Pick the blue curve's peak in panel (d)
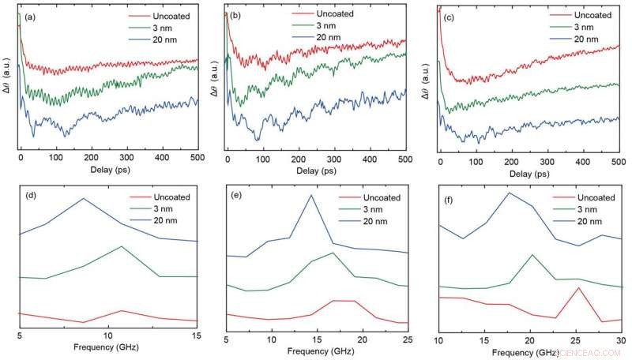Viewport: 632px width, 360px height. (x=84, y=198)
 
